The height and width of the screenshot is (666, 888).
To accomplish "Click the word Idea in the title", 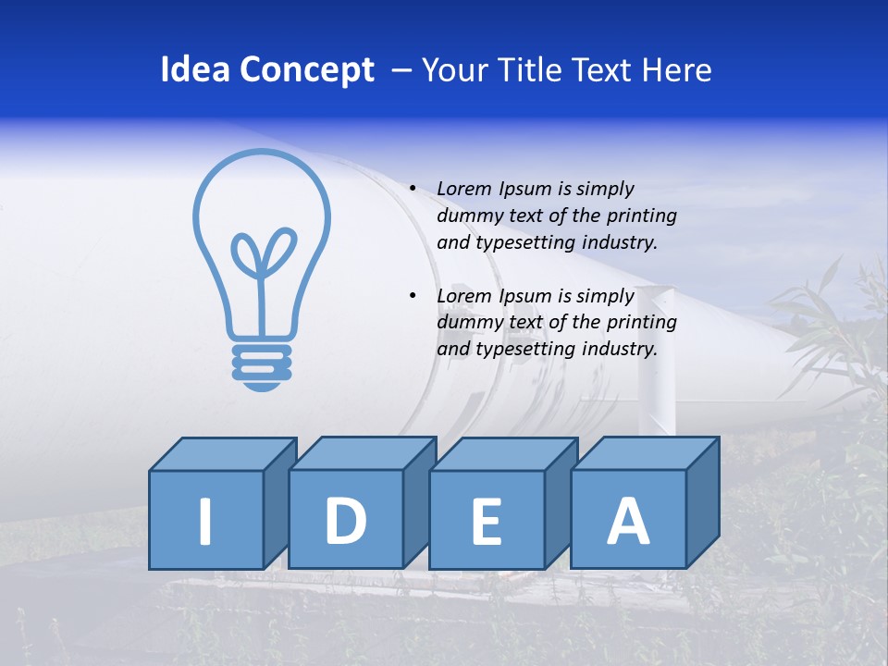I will click(x=195, y=70).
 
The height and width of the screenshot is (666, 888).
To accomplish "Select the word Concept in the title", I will click(x=307, y=70).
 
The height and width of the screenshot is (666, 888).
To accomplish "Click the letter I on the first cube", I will click(x=205, y=521).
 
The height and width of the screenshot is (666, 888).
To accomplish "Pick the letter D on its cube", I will click(x=346, y=521).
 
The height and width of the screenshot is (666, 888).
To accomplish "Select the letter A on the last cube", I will click(x=628, y=521).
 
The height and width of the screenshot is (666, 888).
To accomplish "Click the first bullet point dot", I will click(x=413, y=189).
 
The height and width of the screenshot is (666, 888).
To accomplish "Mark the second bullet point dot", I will click(x=413, y=296).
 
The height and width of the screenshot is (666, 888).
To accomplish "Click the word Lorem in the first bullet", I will click(x=465, y=189).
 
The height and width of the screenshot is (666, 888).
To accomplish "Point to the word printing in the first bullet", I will click(x=642, y=216).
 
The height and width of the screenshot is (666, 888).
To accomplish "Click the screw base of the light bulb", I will click(x=261, y=365).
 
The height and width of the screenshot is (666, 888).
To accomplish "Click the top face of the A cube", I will click(x=645, y=453).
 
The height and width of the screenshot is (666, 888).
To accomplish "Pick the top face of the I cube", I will click(x=222, y=454).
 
